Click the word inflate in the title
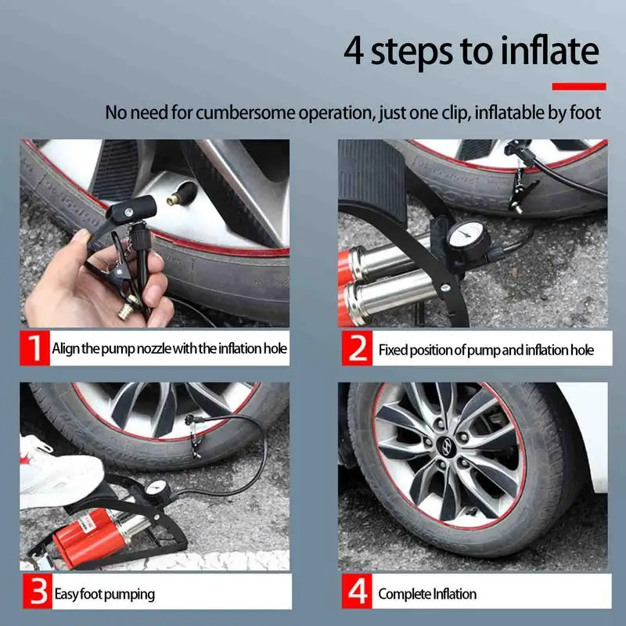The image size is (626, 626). click(550, 50)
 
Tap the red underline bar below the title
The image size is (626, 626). click(579, 86)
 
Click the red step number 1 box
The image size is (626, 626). click(34, 347)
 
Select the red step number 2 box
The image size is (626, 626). click(357, 348)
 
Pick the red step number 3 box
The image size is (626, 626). click(38, 592)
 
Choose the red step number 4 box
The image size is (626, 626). click(357, 592)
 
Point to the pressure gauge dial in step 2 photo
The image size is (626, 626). click(466, 238)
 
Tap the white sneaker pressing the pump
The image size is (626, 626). click(58, 475)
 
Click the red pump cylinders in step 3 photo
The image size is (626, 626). click(87, 535)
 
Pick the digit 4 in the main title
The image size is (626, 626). click(354, 51)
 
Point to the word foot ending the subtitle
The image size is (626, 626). click(585, 112)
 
